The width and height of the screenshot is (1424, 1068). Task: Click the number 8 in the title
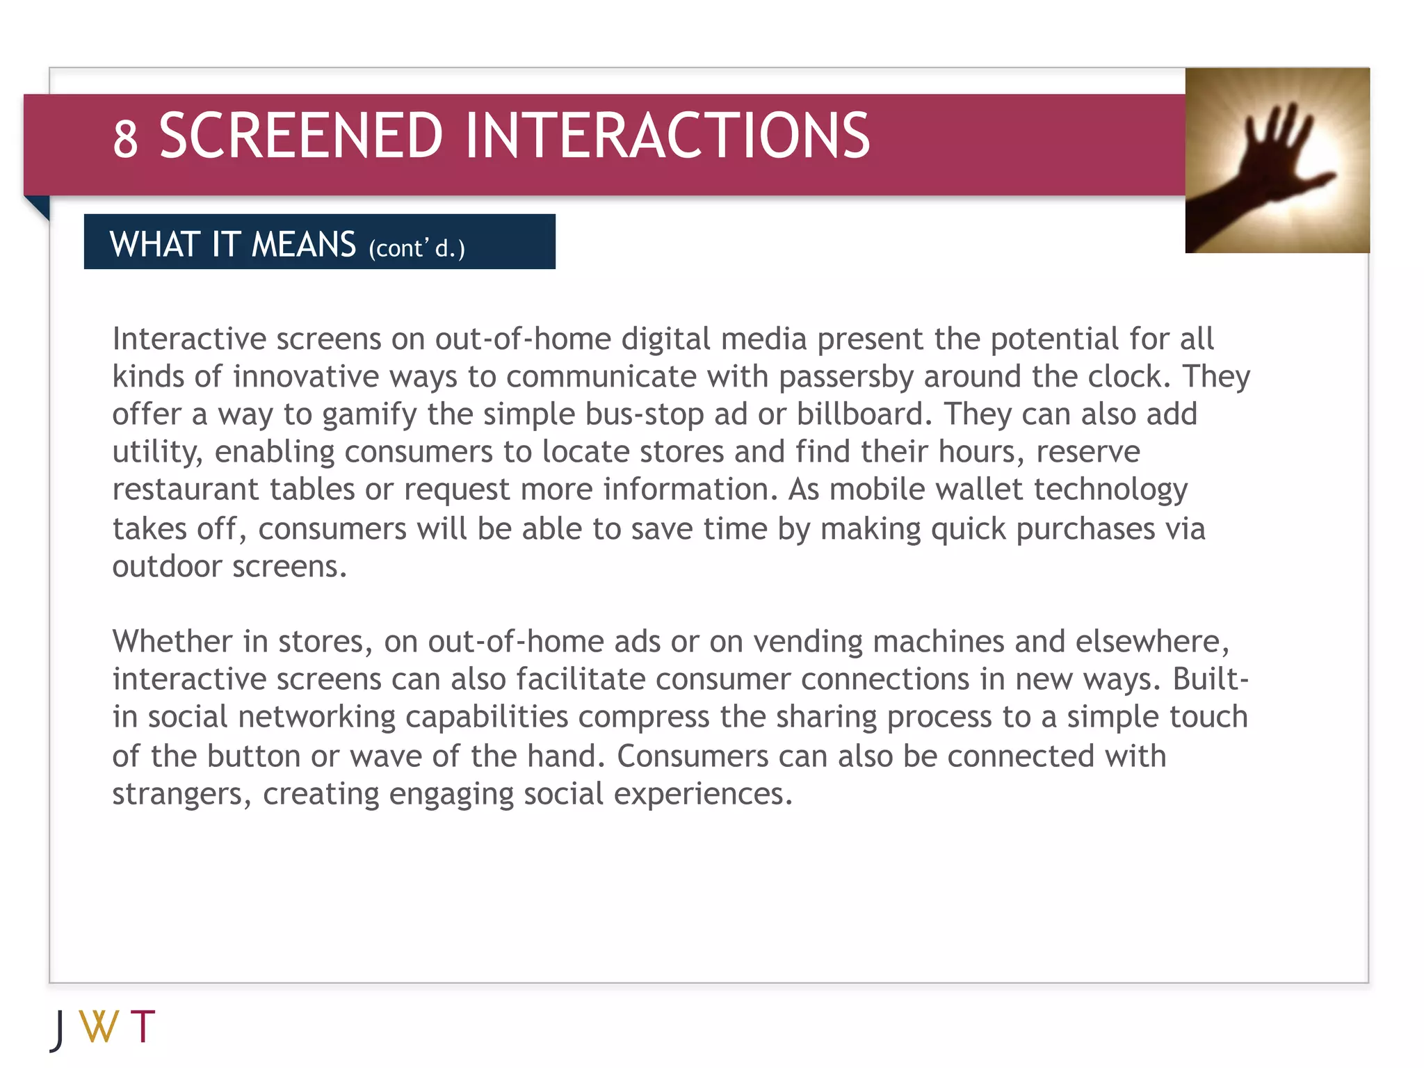[x=125, y=138]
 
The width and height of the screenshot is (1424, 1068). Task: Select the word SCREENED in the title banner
[x=300, y=136]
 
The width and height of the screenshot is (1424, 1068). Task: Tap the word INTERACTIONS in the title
[x=667, y=136]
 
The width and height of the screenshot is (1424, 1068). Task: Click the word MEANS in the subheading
[x=303, y=245]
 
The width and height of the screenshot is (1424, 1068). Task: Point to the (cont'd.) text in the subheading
[x=416, y=248]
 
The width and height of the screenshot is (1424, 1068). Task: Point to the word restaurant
[x=186, y=489]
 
